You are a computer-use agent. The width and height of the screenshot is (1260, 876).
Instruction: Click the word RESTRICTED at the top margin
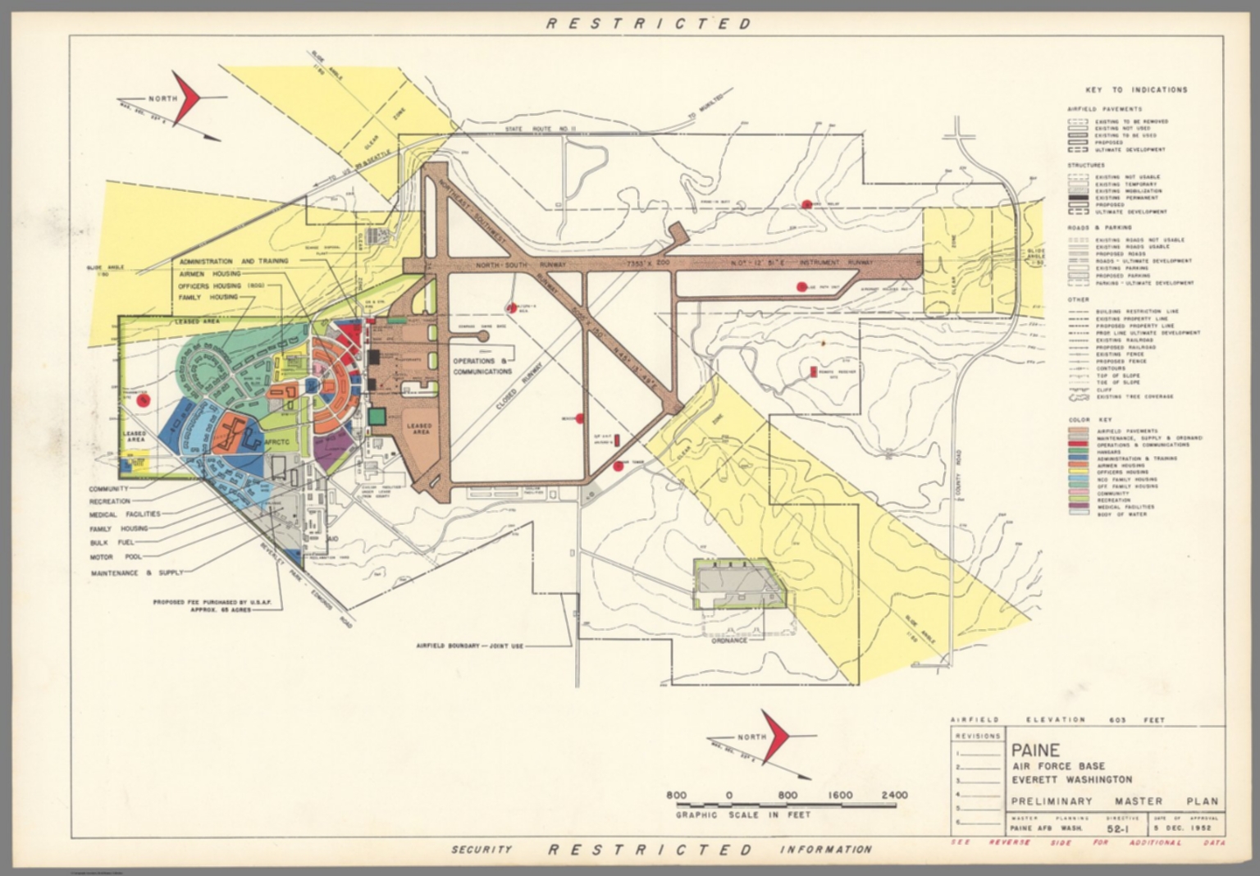[648, 24]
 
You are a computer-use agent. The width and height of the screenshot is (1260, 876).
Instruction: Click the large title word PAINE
[1035, 750]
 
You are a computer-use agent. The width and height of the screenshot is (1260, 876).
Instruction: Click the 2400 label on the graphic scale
[894, 795]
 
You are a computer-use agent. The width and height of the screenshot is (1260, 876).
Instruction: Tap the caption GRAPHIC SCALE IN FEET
[742, 814]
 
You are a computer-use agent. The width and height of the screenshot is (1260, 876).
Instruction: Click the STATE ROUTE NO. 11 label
[541, 130]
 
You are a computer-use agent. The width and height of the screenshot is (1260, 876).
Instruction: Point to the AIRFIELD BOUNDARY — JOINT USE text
[471, 646]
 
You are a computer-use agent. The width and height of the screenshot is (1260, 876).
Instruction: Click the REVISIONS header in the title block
[978, 736]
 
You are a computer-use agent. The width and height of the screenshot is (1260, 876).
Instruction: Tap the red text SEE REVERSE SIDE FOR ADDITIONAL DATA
[1087, 843]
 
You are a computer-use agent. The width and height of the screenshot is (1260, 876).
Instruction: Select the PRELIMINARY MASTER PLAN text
[1113, 801]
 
